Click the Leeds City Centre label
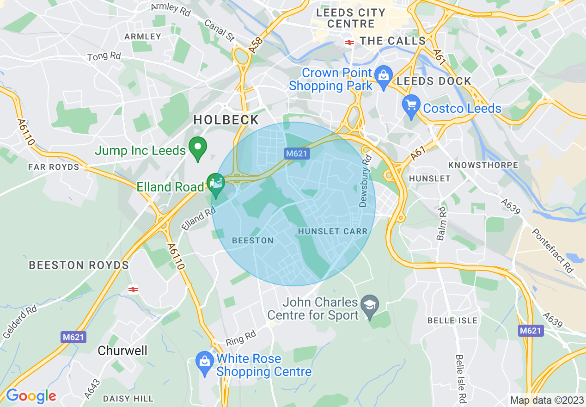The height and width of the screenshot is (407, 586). [x=352, y=18]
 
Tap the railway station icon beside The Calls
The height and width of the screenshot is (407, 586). [x=349, y=42]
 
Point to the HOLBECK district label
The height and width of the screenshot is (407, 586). [x=226, y=120]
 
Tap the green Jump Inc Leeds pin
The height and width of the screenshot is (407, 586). [x=198, y=149]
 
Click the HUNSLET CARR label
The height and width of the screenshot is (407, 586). [x=333, y=231]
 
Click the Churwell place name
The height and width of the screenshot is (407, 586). [x=122, y=351]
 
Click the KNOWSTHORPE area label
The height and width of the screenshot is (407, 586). [x=483, y=165]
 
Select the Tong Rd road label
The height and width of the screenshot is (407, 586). [x=104, y=56]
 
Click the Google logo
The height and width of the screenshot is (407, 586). [x=31, y=396]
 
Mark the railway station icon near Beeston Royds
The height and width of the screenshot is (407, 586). [x=133, y=289]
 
